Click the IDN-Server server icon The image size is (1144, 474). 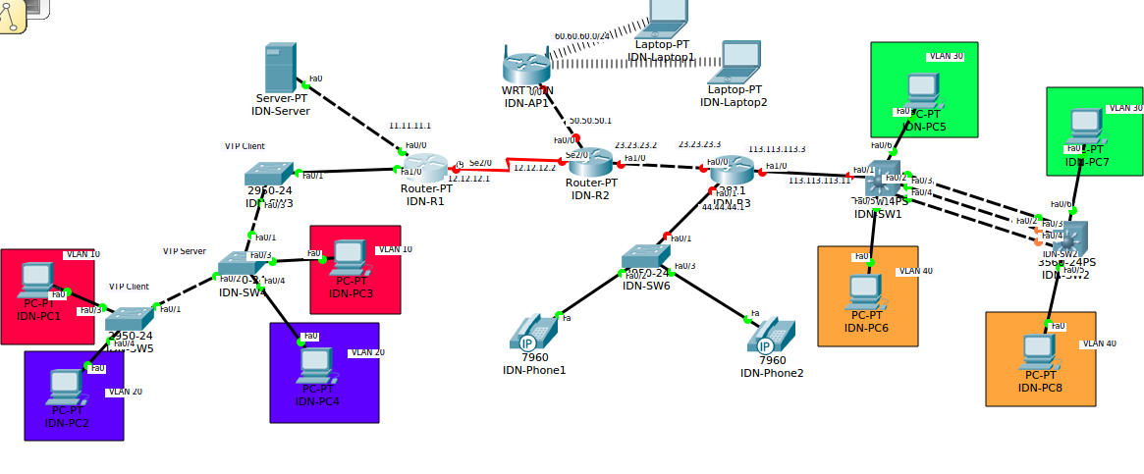[x=280, y=68]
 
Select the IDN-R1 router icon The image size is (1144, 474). [x=423, y=167]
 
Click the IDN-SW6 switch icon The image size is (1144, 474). [x=645, y=257]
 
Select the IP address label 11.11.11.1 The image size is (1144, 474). [x=409, y=126]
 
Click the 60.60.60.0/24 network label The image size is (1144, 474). [x=582, y=35]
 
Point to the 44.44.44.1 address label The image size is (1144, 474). [x=723, y=207]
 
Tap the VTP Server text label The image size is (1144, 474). [x=185, y=251]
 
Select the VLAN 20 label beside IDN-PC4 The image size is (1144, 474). [x=367, y=351]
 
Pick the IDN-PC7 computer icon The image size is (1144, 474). [x=1085, y=125]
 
